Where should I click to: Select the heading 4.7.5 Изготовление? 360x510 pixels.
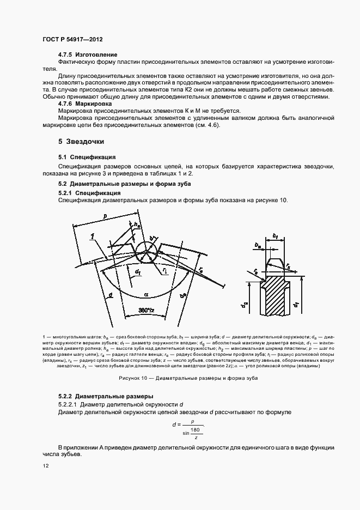coord(87,56)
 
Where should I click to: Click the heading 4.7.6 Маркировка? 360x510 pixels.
coord(85,103)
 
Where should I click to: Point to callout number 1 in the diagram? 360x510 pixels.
coord(93,235)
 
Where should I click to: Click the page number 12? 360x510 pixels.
coord(45,466)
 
